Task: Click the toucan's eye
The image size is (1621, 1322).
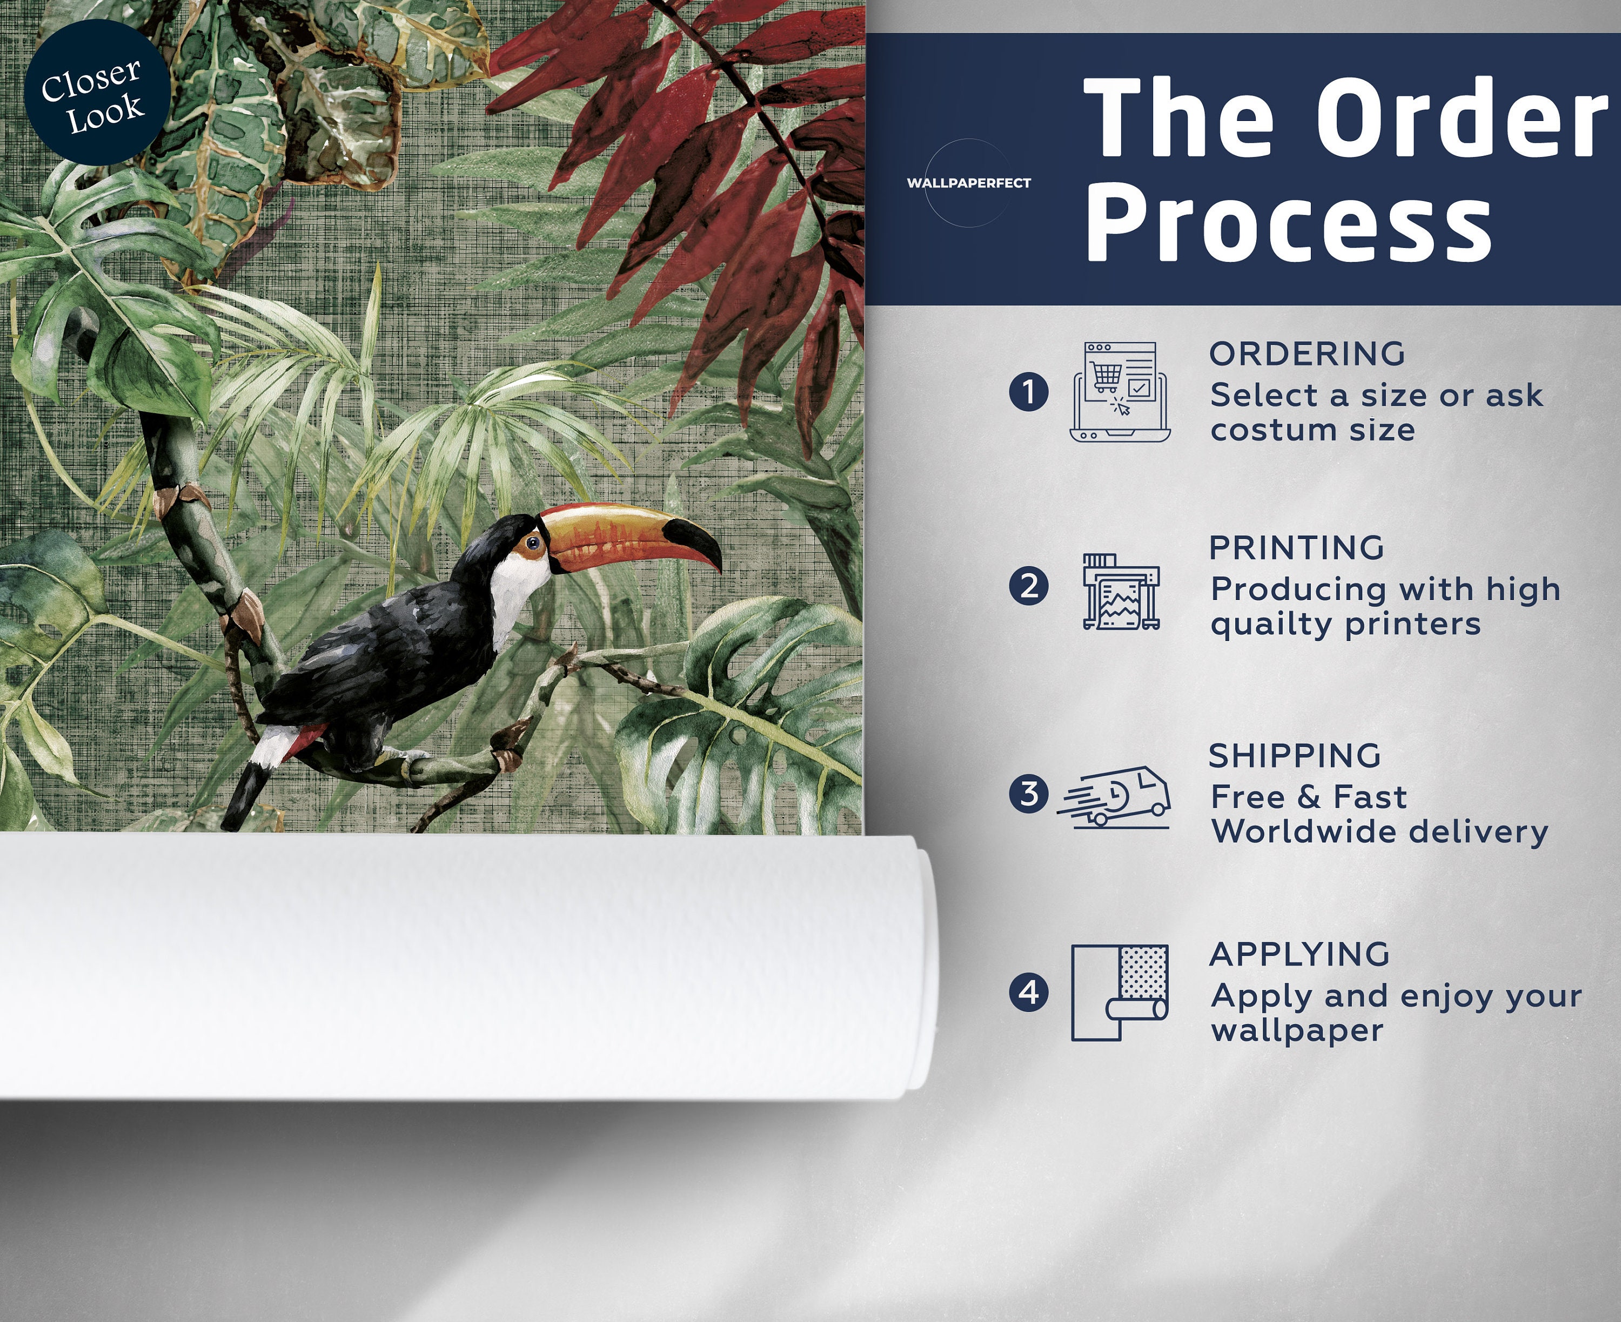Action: (533, 543)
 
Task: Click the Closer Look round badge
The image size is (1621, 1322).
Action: (97, 93)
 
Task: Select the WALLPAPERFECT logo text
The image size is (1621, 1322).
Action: (969, 183)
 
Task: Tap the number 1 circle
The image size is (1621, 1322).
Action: (1028, 392)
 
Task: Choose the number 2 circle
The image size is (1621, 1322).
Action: (1028, 586)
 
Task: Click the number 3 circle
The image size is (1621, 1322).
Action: (1028, 793)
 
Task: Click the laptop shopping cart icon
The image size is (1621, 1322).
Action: (1120, 392)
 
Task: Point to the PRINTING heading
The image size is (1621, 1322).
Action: (1296, 548)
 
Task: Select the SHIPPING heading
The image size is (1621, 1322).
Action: (1295, 756)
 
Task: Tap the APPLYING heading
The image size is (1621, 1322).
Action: (1300, 954)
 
